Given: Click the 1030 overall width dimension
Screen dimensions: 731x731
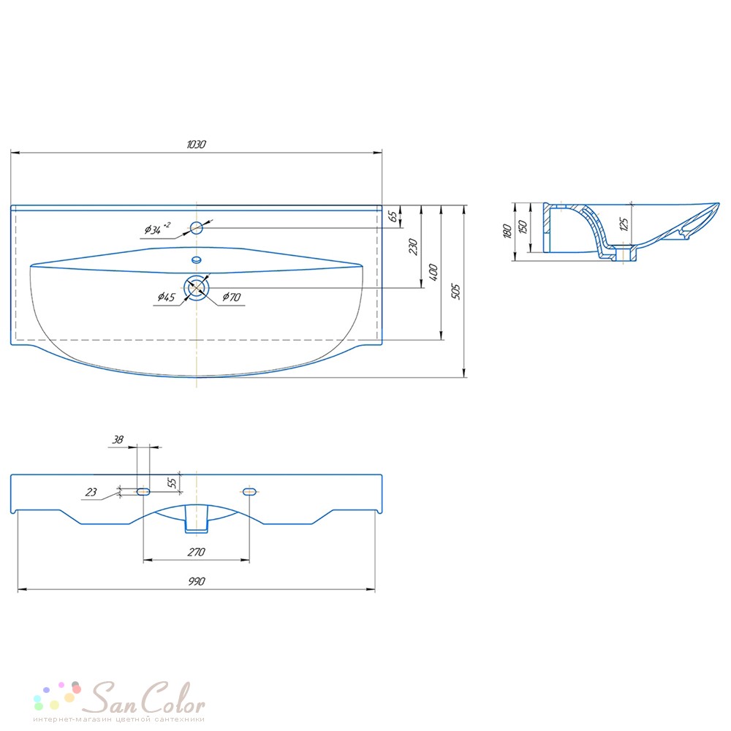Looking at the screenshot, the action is [x=196, y=145].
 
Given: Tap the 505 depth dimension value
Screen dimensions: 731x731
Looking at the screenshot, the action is [x=456, y=292].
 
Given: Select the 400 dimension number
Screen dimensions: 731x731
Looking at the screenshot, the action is [x=433, y=272].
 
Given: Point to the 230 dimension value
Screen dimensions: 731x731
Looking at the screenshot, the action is [x=413, y=246].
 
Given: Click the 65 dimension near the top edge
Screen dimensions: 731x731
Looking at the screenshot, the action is [x=393, y=216].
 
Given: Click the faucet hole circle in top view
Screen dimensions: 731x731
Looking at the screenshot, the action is [x=196, y=228].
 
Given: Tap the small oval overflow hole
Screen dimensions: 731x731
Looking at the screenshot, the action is [x=196, y=260].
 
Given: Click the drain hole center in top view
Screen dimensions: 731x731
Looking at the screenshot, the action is [x=196, y=288].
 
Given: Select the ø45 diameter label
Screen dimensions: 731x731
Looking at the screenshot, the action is [x=167, y=297].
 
